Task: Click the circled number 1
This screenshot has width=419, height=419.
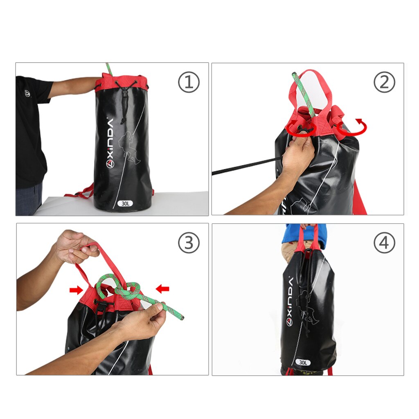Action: (189, 83)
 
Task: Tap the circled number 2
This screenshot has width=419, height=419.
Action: (384, 83)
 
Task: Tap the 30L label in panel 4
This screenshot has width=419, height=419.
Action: (303, 362)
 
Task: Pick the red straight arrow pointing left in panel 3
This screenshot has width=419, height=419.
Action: (162, 289)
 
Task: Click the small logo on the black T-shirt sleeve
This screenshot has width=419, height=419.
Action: (27, 94)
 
